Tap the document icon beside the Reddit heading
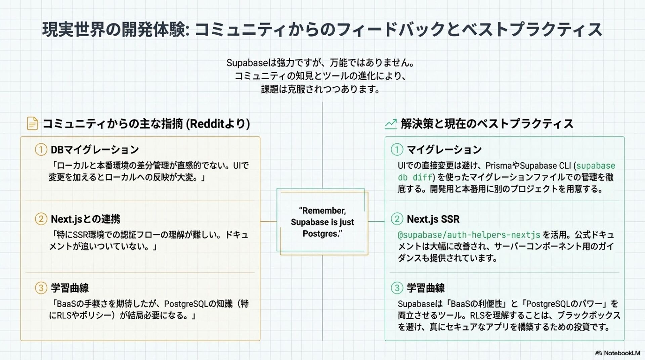(32, 124)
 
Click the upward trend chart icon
(391, 124)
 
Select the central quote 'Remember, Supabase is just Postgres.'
(322, 222)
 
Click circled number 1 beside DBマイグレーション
(41, 149)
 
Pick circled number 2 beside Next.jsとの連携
(41, 219)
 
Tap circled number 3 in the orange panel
(41, 288)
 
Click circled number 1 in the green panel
(397, 149)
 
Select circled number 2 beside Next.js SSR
(397, 219)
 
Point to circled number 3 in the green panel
(397, 288)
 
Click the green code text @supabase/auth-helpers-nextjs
(469, 235)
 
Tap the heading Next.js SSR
(433, 219)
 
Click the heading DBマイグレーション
(95, 149)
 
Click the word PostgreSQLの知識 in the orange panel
(198, 304)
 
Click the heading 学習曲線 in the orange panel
(70, 288)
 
